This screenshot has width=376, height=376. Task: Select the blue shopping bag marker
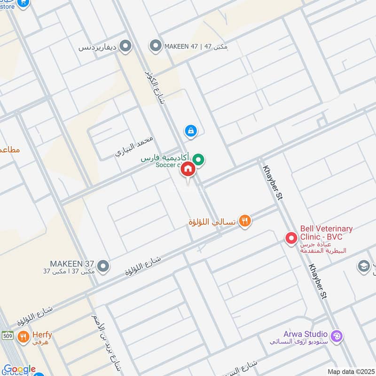coord(190,130)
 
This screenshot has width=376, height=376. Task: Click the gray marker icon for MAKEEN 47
coord(155,46)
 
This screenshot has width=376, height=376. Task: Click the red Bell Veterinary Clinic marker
coord(291,238)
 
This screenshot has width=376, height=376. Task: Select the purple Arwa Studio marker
coord(337,336)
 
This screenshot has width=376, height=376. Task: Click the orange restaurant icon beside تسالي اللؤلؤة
coord(244,220)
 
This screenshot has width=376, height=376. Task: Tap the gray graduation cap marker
coord(363,266)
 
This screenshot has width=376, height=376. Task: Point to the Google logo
coord(19,369)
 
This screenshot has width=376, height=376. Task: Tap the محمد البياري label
coord(135,147)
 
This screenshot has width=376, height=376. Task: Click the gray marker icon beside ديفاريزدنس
coord(125,46)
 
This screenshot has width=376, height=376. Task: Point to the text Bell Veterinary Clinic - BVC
coord(326,232)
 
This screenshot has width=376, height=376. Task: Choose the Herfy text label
coord(42,335)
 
